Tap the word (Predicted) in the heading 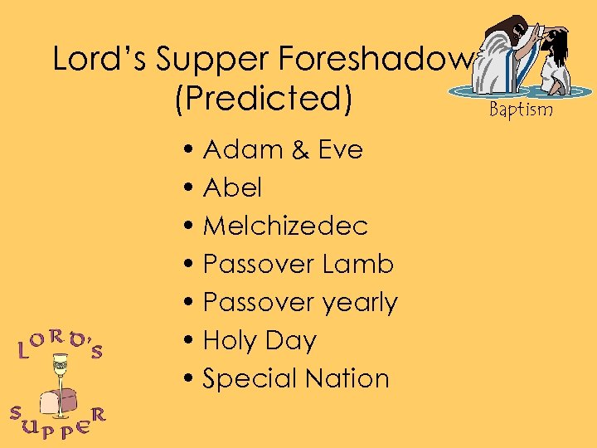[264, 98]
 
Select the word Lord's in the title [99, 59]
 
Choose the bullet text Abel [232, 188]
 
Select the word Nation [347, 378]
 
